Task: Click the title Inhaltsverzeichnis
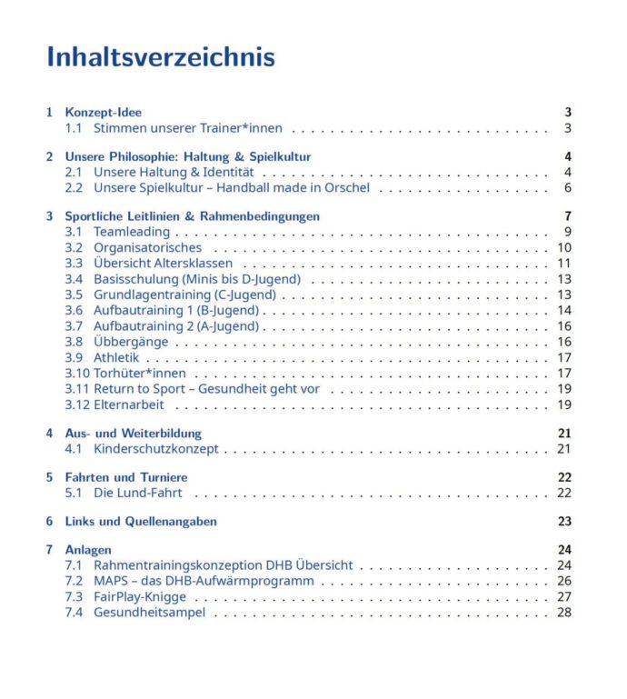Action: pyautogui.click(x=161, y=57)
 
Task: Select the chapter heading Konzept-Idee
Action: pyautogui.click(x=103, y=113)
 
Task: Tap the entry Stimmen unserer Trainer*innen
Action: pyautogui.click(x=187, y=128)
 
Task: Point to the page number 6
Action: pyautogui.click(x=567, y=188)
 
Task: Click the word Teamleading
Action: pyautogui.click(x=131, y=233)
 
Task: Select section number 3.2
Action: pyautogui.click(x=74, y=248)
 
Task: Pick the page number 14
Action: pyautogui.click(x=564, y=311)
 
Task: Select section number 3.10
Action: pyautogui.click(x=76, y=374)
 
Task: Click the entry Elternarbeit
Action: pyautogui.click(x=129, y=404)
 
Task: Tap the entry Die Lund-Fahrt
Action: pyautogui.click(x=137, y=493)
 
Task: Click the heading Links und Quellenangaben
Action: pyautogui.click(x=141, y=522)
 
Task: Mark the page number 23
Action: pyautogui.click(x=564, y=522)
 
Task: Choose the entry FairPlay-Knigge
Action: pyautogui.click(x=140, y=596)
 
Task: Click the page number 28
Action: pyautogui.click(x=564, y=613)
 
